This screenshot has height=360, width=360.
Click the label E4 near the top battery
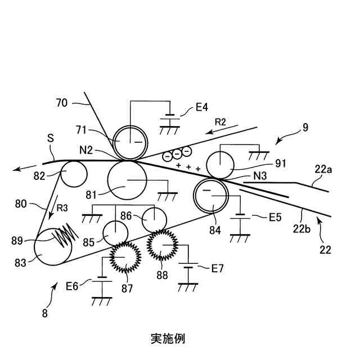[x=202, y=106]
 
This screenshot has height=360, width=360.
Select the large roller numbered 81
[x=127, y=181]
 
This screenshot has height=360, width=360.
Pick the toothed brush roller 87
[x=124, y=257]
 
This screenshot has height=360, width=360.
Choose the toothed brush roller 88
[x=163, y=245]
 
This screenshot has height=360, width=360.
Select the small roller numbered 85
[x=116, y=232]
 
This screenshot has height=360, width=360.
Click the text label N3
[x=259, y=176]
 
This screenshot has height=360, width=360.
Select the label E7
[x=217, y=268]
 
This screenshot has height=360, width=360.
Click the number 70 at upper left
[x=62, y=102]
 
